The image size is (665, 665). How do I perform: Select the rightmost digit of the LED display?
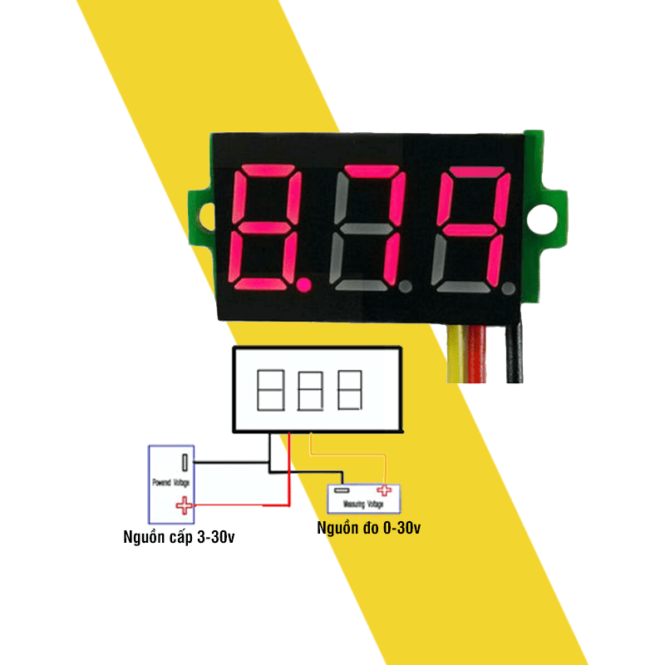(472, 226)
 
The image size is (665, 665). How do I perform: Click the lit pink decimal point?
(304, 287)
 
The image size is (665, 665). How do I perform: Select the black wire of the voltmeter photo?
(515, 353)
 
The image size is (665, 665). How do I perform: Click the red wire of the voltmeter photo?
(478, 353)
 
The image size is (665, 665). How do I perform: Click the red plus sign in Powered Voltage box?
(182, 504)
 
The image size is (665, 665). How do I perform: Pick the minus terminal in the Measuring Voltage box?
(340, 490)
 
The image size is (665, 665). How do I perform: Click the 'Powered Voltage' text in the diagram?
(171, 482)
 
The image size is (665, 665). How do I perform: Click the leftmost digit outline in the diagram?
(272, 390)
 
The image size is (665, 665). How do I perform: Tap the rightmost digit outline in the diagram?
(350, 390)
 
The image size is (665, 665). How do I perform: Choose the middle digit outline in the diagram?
(311, 390)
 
